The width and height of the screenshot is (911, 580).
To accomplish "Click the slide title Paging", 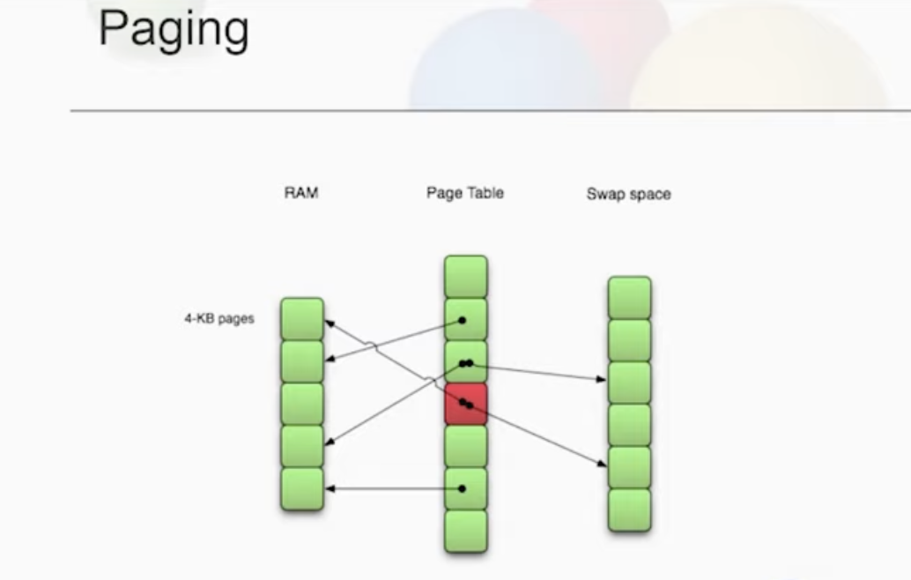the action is coord(174,30).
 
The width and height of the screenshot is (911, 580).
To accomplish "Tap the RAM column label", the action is coord(301,193).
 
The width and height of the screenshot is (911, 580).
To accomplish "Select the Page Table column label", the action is coord(465,193).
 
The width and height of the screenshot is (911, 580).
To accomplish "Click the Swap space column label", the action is coord(629,194).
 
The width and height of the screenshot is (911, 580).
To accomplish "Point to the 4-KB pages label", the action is coord(219,318).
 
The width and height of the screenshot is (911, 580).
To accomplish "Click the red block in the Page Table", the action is coord(466,404).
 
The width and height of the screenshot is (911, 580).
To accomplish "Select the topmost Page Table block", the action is coord(466,277).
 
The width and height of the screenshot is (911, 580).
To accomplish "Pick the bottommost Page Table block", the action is coord(466,532).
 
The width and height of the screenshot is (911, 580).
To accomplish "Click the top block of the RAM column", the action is coord(302,319).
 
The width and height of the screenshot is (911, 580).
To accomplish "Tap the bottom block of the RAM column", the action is coord(302,489).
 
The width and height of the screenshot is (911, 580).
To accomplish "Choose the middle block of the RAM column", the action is coord(302,404).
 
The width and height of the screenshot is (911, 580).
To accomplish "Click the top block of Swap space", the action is coord(630,298).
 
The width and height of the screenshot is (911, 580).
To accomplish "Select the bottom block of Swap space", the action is coord(630,510).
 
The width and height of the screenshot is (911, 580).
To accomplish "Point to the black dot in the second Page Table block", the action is coord(462,320).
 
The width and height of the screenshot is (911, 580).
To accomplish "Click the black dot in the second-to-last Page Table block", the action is coord(462,488).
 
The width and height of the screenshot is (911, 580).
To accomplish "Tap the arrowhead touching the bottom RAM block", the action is coord(330,488).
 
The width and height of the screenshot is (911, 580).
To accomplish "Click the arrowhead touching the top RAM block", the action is coord(330,323).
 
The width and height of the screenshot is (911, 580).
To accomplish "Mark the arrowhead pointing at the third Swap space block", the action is coord(602,379).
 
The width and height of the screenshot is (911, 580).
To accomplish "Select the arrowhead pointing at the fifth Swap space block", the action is coord(602,463).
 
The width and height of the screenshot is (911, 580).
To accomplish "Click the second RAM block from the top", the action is coord(302,361).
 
